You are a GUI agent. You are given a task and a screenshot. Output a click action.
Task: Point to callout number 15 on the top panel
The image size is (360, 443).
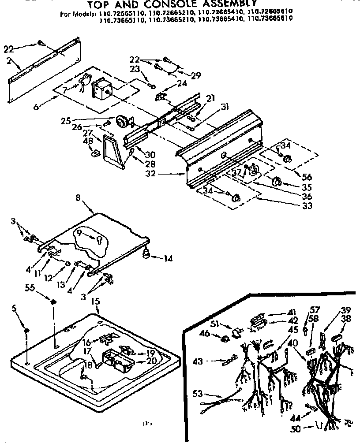pos(95,301)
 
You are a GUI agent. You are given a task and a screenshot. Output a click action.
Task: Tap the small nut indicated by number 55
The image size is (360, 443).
pos(53,302)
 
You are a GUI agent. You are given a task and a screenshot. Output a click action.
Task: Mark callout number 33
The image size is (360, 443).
pos(306,205)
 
